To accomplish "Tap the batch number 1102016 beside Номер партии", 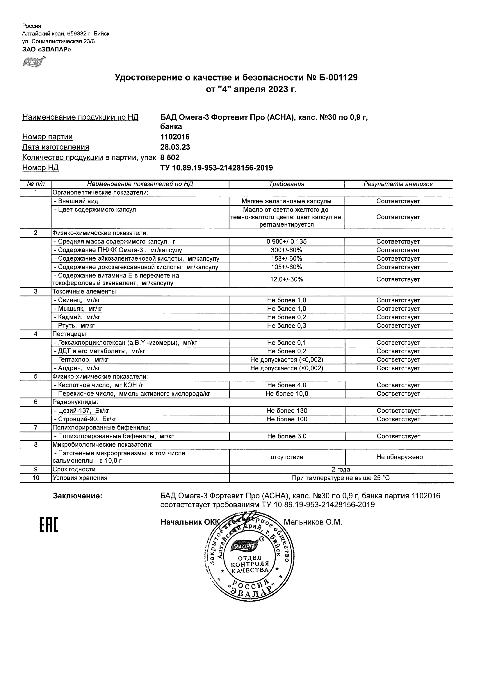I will [x=175, y=137].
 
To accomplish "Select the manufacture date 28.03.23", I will [x=175, y=147].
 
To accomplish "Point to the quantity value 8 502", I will [x=170, y=157].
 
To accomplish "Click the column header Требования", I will [x=286, y=184].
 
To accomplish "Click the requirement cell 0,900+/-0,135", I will [x=286, y=242].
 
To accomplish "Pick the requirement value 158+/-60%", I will [x=286, y=259].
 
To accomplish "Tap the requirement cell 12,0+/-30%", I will [x=286, y=279].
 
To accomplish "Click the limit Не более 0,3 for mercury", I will [x=286, y=326].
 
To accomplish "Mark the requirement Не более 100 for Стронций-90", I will [x=286, y=419].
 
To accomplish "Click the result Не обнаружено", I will [x=399, y=457].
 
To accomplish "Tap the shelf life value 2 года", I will [x=341, y=469].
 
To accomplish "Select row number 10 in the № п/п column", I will [x=35, y=478].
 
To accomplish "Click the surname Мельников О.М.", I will [x=313, y=522].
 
